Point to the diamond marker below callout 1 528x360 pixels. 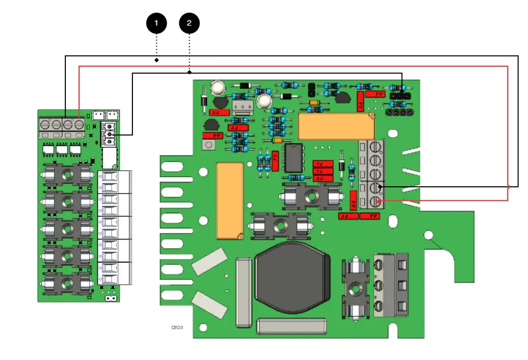coord(156,60)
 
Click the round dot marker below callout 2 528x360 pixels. coord(189,72)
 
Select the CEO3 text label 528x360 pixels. coord(177,328)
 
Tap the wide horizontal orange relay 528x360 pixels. coord(336,126)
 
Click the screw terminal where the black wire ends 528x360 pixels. coord(376,187)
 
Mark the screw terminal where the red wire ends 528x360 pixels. coord(376,201)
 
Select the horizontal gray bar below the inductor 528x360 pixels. coord(292,325)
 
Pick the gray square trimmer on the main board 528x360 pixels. coord(209,145)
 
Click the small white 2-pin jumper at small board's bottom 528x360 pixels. coord(111,297)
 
